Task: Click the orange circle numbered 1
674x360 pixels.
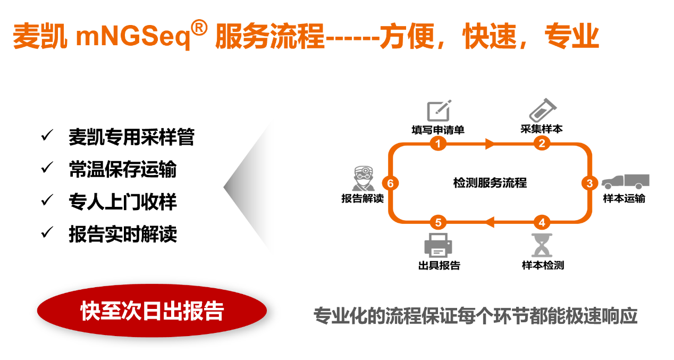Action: click(x=438, y=144)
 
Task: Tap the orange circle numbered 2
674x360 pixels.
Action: click(x=542, y=143)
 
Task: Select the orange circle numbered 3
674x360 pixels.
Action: click(x=590, y=183)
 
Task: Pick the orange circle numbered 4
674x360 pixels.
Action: click(x=542, y=222)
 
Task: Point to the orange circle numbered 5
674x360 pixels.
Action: click(x=438, y=222)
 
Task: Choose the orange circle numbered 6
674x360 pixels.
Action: click(x=390, y=183)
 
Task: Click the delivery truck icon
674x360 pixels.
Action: click(x=626, y=181)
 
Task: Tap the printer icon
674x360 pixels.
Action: click(x=438, y=245)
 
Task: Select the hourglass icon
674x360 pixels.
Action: click(x=542, y=245)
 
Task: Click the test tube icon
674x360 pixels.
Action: click(x=543, y=110)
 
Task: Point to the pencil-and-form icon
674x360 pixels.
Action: click(x=439, y=111)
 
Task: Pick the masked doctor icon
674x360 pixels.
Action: click(x=364, y=178)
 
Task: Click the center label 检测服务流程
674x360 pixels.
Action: click(x=490, y=183)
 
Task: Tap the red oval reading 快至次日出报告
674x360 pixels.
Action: click(x=152, y=311)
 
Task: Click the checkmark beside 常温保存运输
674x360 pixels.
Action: click(x=47, y=168)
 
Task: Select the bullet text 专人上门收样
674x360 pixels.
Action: click(x=123, y=202)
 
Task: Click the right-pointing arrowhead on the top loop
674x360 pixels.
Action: click(x=490, y=144)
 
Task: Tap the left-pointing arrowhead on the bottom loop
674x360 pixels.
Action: click(x=490, y=222)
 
